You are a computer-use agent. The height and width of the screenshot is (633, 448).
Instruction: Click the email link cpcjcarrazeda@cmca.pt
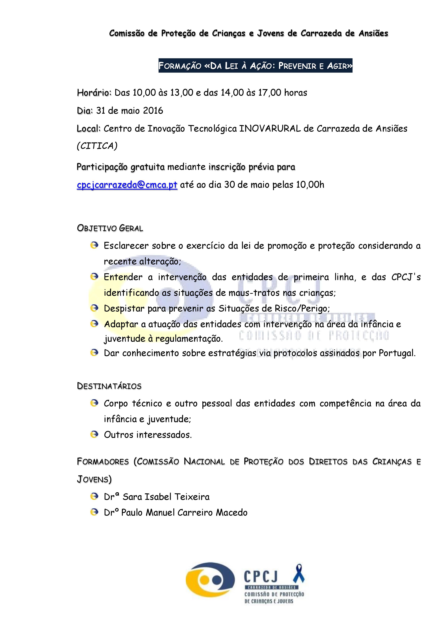point(127,185)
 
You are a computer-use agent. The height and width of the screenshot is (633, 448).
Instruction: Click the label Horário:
point(94,93)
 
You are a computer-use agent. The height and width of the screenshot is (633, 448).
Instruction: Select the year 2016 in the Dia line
point(153,111)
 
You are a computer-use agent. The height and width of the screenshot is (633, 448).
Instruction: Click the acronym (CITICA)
point(97,146)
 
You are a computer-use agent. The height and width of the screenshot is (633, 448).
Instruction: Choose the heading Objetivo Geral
point(110,228)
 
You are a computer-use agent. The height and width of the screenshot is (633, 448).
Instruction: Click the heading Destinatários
point(109,386)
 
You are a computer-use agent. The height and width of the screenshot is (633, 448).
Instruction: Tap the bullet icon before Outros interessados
point(94,435)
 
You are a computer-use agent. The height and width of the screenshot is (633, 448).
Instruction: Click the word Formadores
point(103,462)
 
